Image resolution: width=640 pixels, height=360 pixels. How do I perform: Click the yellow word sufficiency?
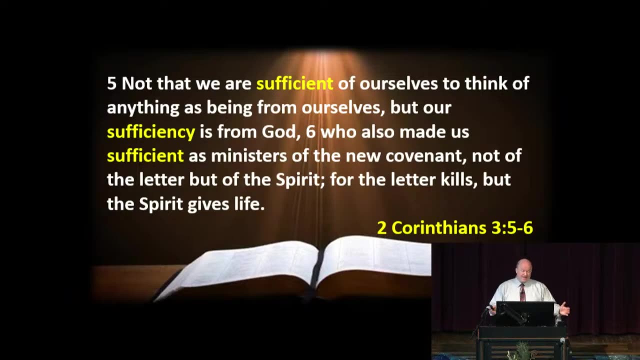[151, 132]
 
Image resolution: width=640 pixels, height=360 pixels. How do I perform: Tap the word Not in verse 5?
[136, 83]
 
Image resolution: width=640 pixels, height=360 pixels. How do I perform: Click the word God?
[281, 132]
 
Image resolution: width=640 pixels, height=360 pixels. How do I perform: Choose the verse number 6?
[310, 132]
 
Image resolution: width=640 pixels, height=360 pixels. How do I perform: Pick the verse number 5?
[111, 83]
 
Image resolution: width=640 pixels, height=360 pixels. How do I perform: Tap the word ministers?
[249, 156]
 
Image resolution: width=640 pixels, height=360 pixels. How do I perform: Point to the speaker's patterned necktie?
[522, 292]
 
